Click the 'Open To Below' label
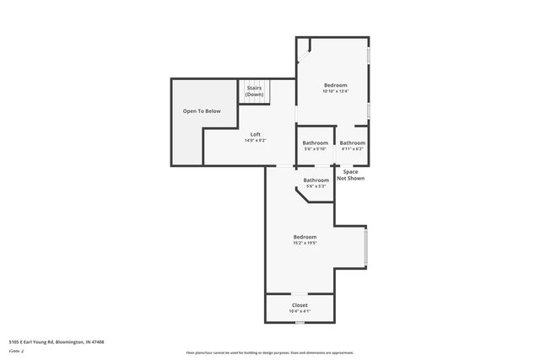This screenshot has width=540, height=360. (x=202, y=111)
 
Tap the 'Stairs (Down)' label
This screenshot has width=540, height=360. (x=255, y=91)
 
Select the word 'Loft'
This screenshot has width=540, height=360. (x=255, y=135)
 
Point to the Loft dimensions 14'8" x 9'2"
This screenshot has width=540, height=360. (x=255, y=141)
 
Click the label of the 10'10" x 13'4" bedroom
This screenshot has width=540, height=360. (x=335, y=85)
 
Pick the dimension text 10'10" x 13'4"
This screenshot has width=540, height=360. (x=335, y=91)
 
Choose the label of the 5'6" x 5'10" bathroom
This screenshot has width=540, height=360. (x=316, y=142)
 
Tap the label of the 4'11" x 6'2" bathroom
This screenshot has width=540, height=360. (x=353, y=142)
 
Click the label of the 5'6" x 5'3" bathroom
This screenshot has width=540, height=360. (x=316, y=180)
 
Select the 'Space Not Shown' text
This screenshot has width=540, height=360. (x=350, y=175)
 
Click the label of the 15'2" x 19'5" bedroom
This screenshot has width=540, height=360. (x=305, y=237)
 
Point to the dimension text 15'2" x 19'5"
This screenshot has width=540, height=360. (x=305, y=243)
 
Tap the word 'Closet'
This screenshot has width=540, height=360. (x=300, y=305)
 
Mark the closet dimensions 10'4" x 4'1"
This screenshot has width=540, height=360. (x=300, y=311)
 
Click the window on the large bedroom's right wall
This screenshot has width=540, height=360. (x=366, y=247)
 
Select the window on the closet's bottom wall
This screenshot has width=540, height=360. (x=300, y=322)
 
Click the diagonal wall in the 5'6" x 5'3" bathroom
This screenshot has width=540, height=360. (x=301, y=196)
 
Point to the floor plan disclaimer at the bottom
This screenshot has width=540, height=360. (x=270, y=352)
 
